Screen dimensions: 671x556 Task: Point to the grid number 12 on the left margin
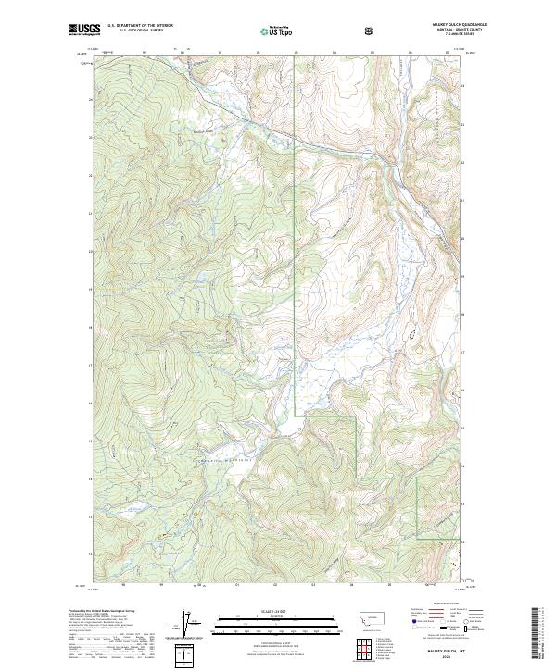[x=90, y=553]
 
